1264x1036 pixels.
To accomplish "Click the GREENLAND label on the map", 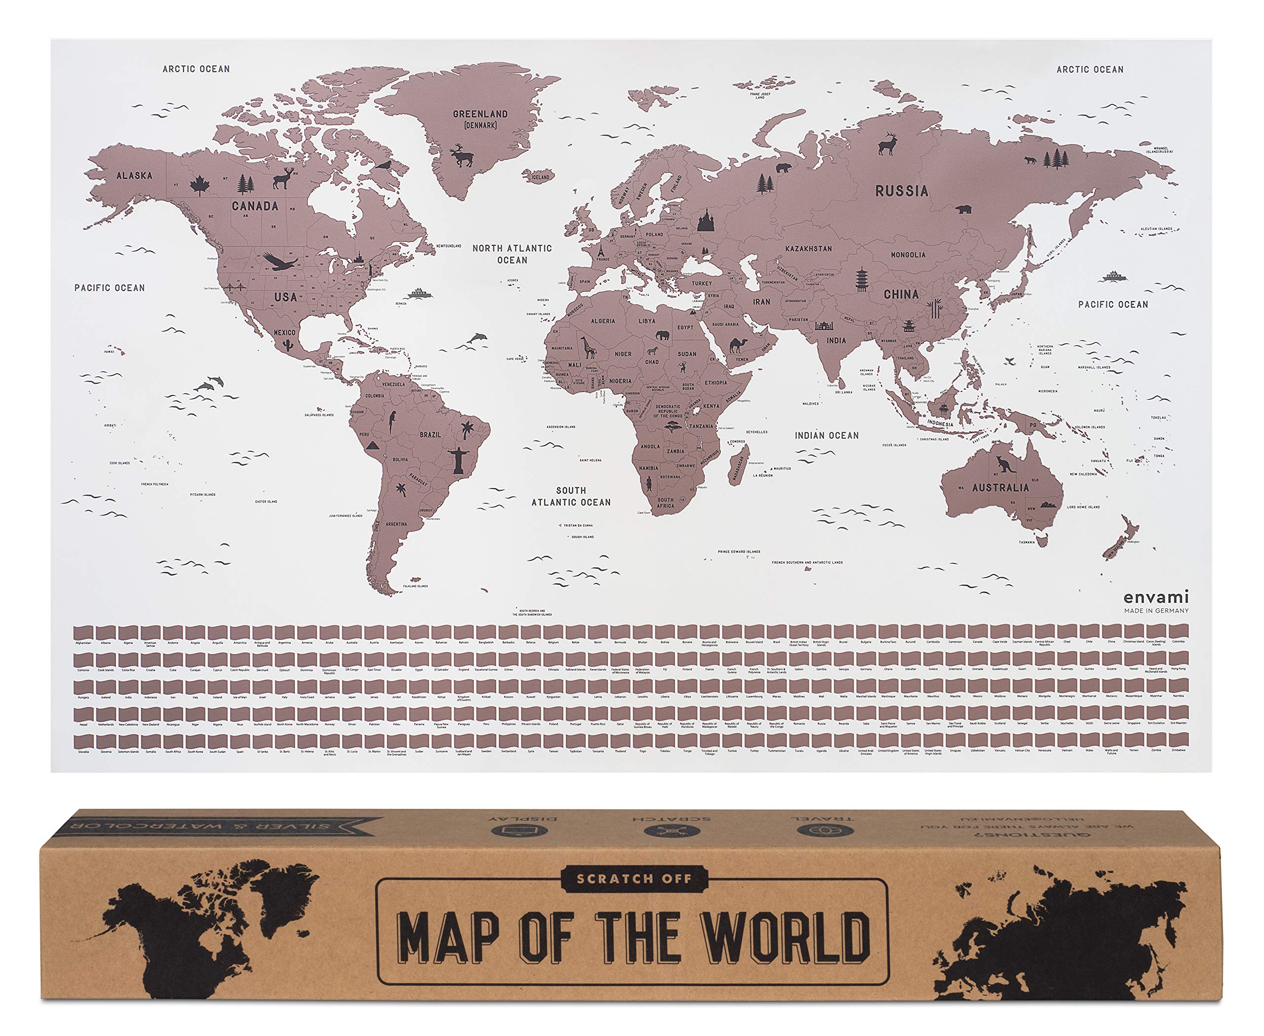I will (x=480, y=114).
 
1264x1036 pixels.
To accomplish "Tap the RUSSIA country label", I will (x=901, y=191).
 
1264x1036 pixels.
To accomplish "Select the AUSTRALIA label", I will (x=1000, y=487).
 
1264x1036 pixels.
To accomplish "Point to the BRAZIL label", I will (x=430, y=435).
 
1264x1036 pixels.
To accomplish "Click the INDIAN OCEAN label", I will (x=827, y=436).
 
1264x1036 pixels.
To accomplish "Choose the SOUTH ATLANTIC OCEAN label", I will (x=571, y=496).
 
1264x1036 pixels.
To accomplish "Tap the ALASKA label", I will (x=134, y=175).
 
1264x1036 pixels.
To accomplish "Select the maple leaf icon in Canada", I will (x=198, y=186).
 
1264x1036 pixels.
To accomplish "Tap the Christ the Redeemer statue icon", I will (x=458, y=460).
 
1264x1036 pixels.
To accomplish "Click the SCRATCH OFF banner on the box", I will (x=634, y=879).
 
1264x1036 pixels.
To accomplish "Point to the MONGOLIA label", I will (x=908, y=255).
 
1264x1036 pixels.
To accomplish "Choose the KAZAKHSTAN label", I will (x=808, y=248).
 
